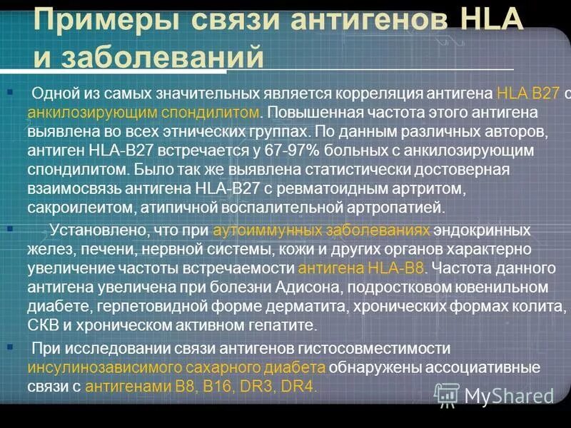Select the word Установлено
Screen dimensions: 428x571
94,231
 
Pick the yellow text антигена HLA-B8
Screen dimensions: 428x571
360,268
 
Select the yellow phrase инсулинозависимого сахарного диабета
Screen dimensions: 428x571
177,367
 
